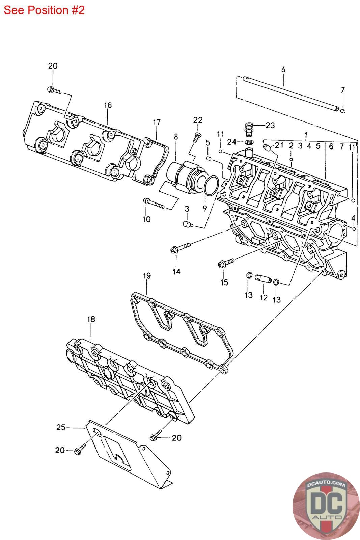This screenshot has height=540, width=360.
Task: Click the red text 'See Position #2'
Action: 44,10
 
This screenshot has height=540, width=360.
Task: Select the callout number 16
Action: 108,105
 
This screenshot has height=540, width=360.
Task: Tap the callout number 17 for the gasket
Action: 157,122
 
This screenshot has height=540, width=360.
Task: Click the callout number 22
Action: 198,120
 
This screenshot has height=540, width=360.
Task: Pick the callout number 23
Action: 270,125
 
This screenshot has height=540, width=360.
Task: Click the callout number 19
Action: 147,276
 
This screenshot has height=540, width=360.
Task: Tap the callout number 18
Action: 91,319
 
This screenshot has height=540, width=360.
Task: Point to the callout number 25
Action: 61,427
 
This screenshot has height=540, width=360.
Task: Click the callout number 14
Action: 176,271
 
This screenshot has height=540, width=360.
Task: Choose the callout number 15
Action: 224,282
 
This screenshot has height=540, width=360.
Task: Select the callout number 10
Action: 147,219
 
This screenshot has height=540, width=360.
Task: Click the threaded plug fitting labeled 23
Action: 249,129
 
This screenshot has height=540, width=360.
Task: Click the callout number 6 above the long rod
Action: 283,70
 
